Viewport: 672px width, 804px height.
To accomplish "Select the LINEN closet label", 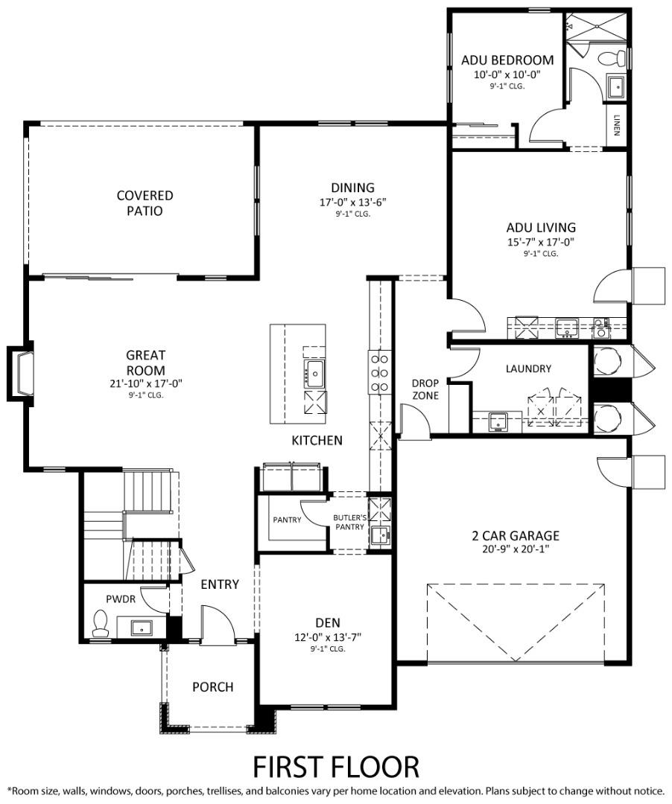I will [x=617, y=126].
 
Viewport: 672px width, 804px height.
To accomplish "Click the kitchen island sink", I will [x=314, y=370].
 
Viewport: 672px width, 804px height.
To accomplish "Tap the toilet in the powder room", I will [x=99, y=624].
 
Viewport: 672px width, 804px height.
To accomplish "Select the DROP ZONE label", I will [x=425, y=389].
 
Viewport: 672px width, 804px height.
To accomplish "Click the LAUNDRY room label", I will [x=528, y=368].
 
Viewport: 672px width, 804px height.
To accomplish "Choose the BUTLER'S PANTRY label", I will [x=349, y=522].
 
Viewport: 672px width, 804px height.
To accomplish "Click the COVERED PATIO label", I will [x=145, y=202].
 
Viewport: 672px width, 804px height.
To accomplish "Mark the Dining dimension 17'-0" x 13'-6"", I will [x=352, y=202].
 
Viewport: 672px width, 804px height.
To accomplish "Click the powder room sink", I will [x=142, y=627].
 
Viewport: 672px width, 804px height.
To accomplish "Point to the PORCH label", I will [x=212, y=686].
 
